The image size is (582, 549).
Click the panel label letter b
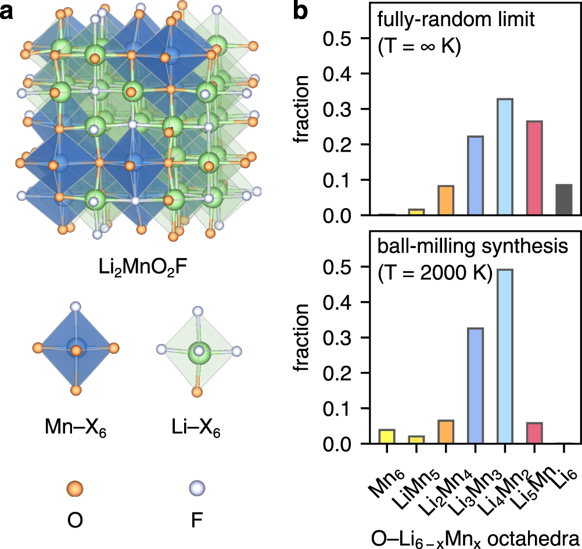303,12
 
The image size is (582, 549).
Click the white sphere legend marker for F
199,487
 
